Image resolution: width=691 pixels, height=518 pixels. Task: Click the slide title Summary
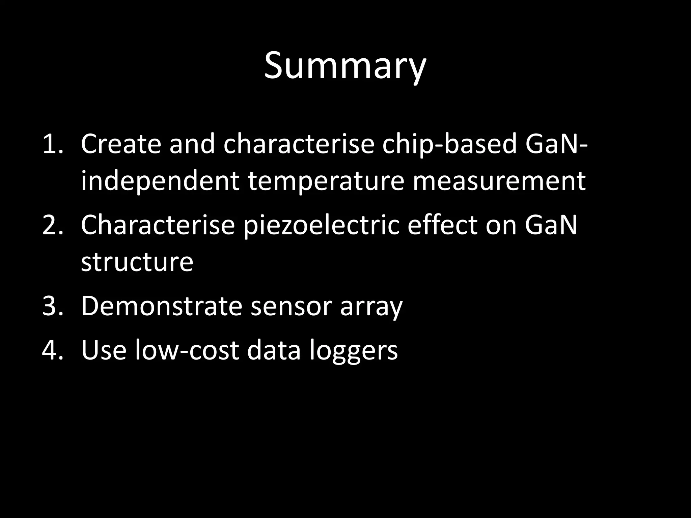click(345, 66)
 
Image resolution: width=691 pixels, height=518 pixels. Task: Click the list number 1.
click(53, 144)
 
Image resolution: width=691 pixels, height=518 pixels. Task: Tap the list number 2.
click(53, 225)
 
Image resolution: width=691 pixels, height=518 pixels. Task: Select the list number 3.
click(53, 306)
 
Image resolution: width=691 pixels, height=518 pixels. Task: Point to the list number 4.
click(53, 350)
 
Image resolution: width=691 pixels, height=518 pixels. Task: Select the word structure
click(137, 262)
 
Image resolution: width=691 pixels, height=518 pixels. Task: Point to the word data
click(274, 350)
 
